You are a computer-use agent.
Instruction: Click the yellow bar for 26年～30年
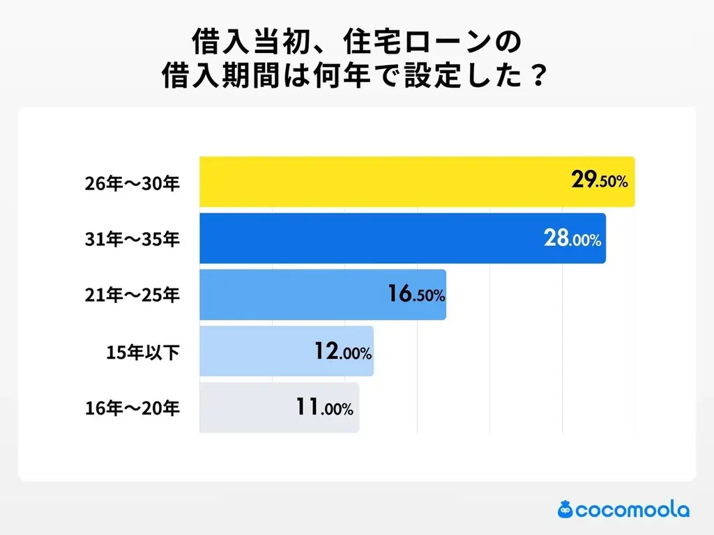[383, 182]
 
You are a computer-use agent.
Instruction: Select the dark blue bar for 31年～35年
[370, 238]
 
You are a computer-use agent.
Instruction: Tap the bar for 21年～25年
[293, 295]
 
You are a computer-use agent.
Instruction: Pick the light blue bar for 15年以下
[258, 351]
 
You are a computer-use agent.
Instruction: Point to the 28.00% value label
[572, 239]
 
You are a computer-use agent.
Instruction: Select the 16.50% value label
[416, 295]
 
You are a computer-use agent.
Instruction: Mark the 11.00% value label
[325, 408]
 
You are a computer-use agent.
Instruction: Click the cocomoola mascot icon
[565, 509]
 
